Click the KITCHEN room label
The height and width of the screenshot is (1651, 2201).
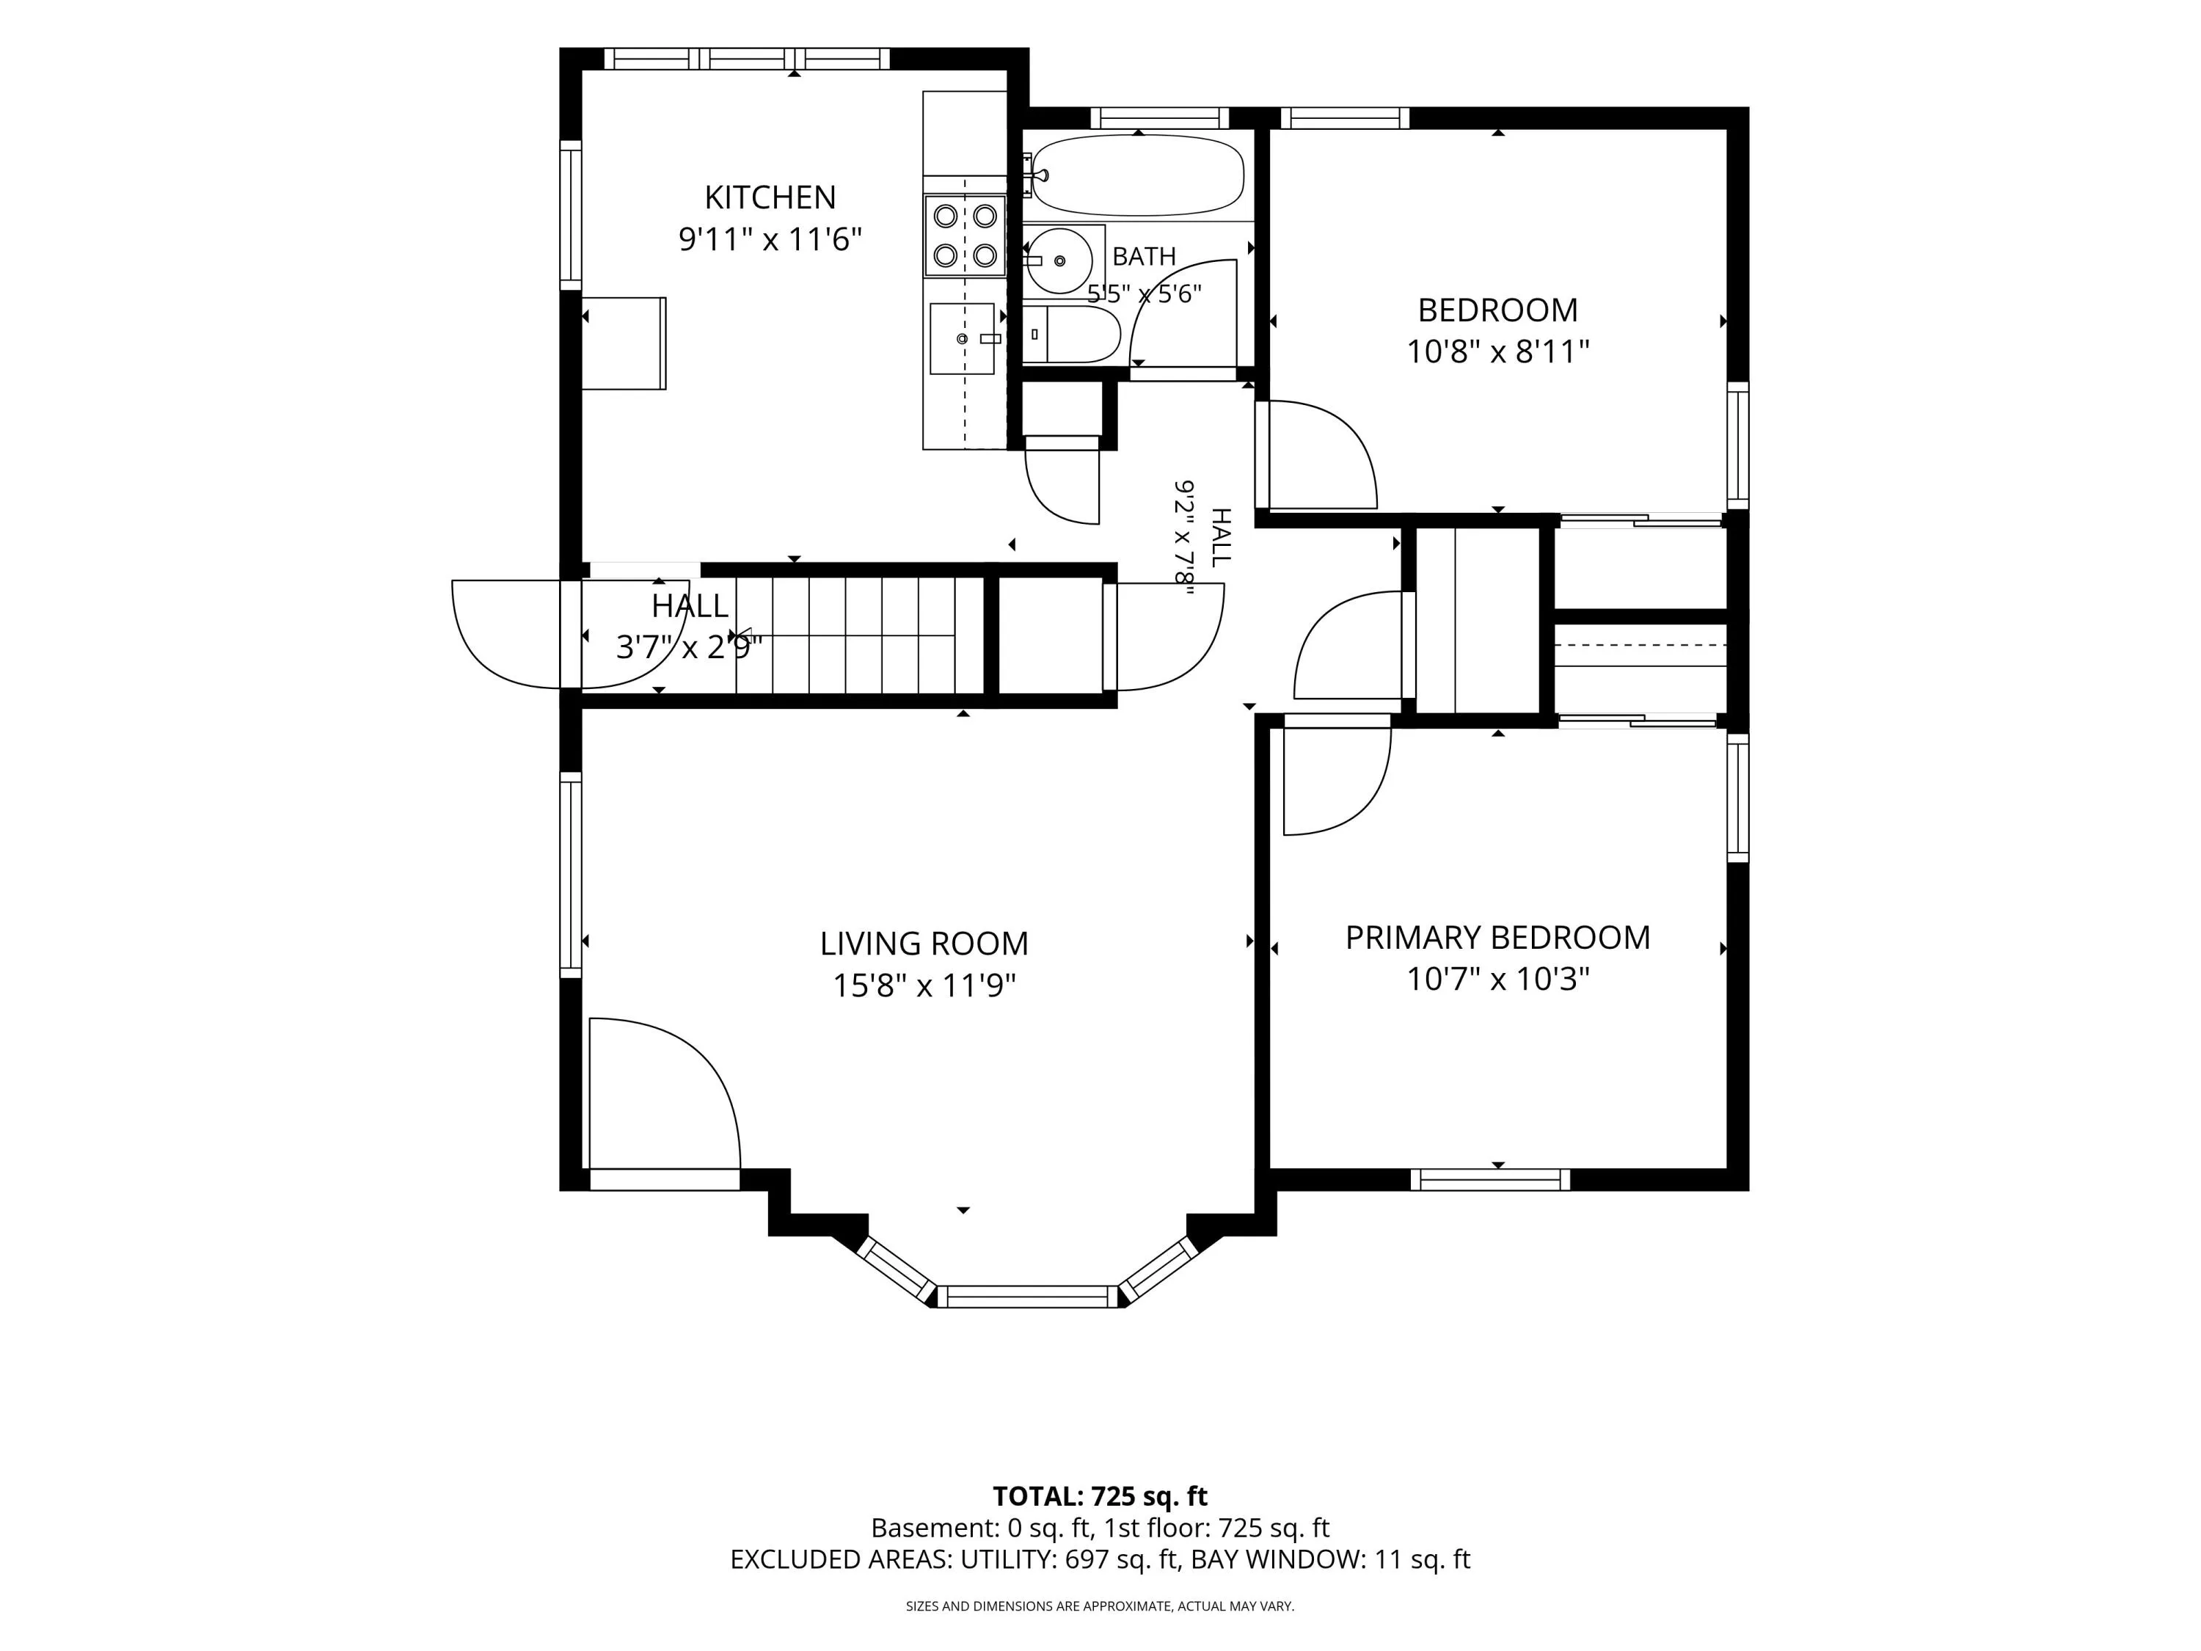coord(770,197)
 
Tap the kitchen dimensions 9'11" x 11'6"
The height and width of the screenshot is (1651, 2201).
coord(770,240)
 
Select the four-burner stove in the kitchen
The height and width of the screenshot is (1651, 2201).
coord(966,235)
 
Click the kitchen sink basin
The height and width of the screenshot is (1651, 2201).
coord(962,338)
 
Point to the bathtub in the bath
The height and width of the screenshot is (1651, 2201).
coord(1139,175)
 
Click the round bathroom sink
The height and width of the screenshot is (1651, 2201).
coord(1059,260)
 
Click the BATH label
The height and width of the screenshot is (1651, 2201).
coord(1145,257)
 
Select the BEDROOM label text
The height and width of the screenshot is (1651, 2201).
coord(1497,310)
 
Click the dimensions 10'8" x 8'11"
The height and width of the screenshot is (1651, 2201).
coord(1497,352)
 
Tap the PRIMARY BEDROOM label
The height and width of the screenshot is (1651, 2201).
coord(1497,938)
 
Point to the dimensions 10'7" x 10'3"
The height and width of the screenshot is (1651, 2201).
coord(1497,980)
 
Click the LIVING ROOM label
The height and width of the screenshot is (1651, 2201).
coord(924,944)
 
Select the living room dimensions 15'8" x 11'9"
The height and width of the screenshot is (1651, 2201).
coord(924,986)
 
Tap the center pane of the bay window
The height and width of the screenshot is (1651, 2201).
coord(1028,1296)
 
